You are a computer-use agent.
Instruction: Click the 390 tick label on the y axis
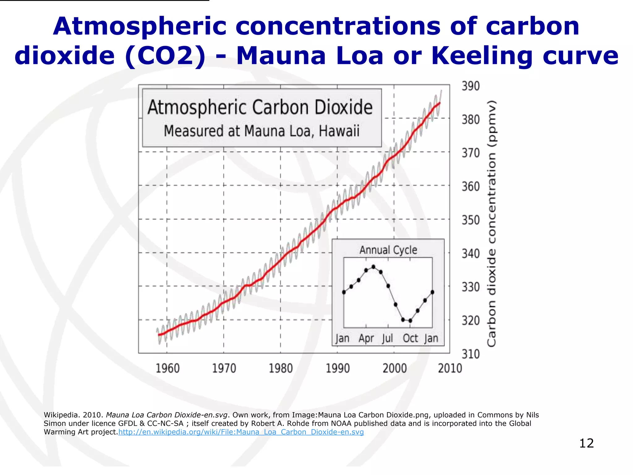click(x=470, y=86)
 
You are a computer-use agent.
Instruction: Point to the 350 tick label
click(x=470, y=220)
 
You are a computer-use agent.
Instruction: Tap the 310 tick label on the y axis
click(x=470, y=354)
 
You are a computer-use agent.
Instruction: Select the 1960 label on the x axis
click(x=168, y=368)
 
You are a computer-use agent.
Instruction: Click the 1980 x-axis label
click(x=281, y=368)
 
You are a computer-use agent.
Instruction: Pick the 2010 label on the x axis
click(x=450, y=368)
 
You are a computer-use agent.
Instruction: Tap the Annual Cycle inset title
click(x=388, y=250)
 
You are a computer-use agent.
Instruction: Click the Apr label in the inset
click(x=366, y=339)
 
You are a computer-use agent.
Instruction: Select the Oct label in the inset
click(x=410, y=339)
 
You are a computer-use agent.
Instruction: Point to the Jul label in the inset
click(x=387, y=339)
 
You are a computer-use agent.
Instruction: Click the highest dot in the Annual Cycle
click(x=373, y=267)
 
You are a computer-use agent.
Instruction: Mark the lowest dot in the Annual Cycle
click(x=410, y=321)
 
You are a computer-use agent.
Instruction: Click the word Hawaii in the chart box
click(x=339, y=131)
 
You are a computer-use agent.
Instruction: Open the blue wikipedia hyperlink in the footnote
click(x=241, y=432)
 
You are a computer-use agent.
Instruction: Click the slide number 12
click(x=586, y=443)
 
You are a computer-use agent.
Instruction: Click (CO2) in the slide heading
click(x=165, y=56)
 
